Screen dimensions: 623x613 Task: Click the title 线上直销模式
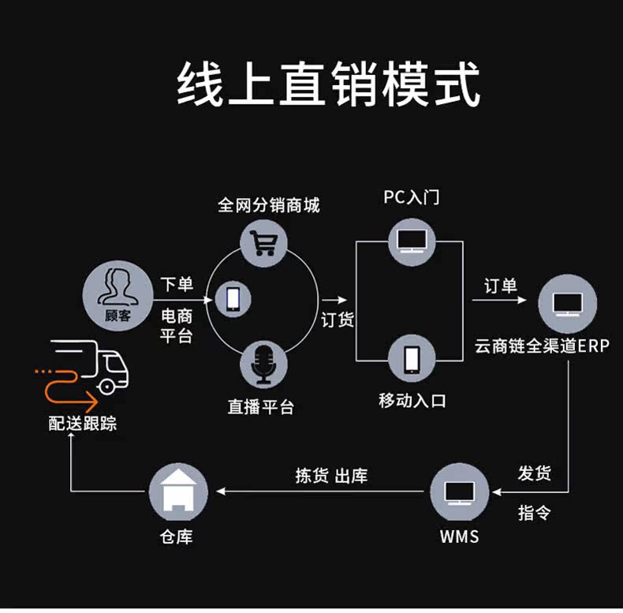pos(328,84)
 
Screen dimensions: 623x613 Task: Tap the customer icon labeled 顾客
pos(118,295)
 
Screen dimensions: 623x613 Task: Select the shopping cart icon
pos(263,242)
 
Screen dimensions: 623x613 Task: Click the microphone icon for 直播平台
pos(263,364)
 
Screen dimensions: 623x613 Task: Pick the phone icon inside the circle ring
pos(233,299)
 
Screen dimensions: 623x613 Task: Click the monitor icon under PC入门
pos(412,241)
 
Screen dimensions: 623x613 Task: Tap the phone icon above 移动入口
pos(412,359)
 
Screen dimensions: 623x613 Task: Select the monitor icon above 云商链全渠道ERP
pos(567,304)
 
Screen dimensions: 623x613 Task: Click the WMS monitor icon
pos(459,492)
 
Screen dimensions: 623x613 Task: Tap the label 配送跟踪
pos(83,423)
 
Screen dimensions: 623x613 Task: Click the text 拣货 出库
pos(331,476)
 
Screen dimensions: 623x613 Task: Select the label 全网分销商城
pos(269,205)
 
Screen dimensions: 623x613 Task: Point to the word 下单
pos(177,284)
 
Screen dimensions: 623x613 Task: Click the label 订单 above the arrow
pos(501,286)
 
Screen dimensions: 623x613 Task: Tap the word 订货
pos(338,320)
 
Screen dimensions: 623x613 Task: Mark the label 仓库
pos(176,536)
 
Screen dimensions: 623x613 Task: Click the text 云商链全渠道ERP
pos(542,346)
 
